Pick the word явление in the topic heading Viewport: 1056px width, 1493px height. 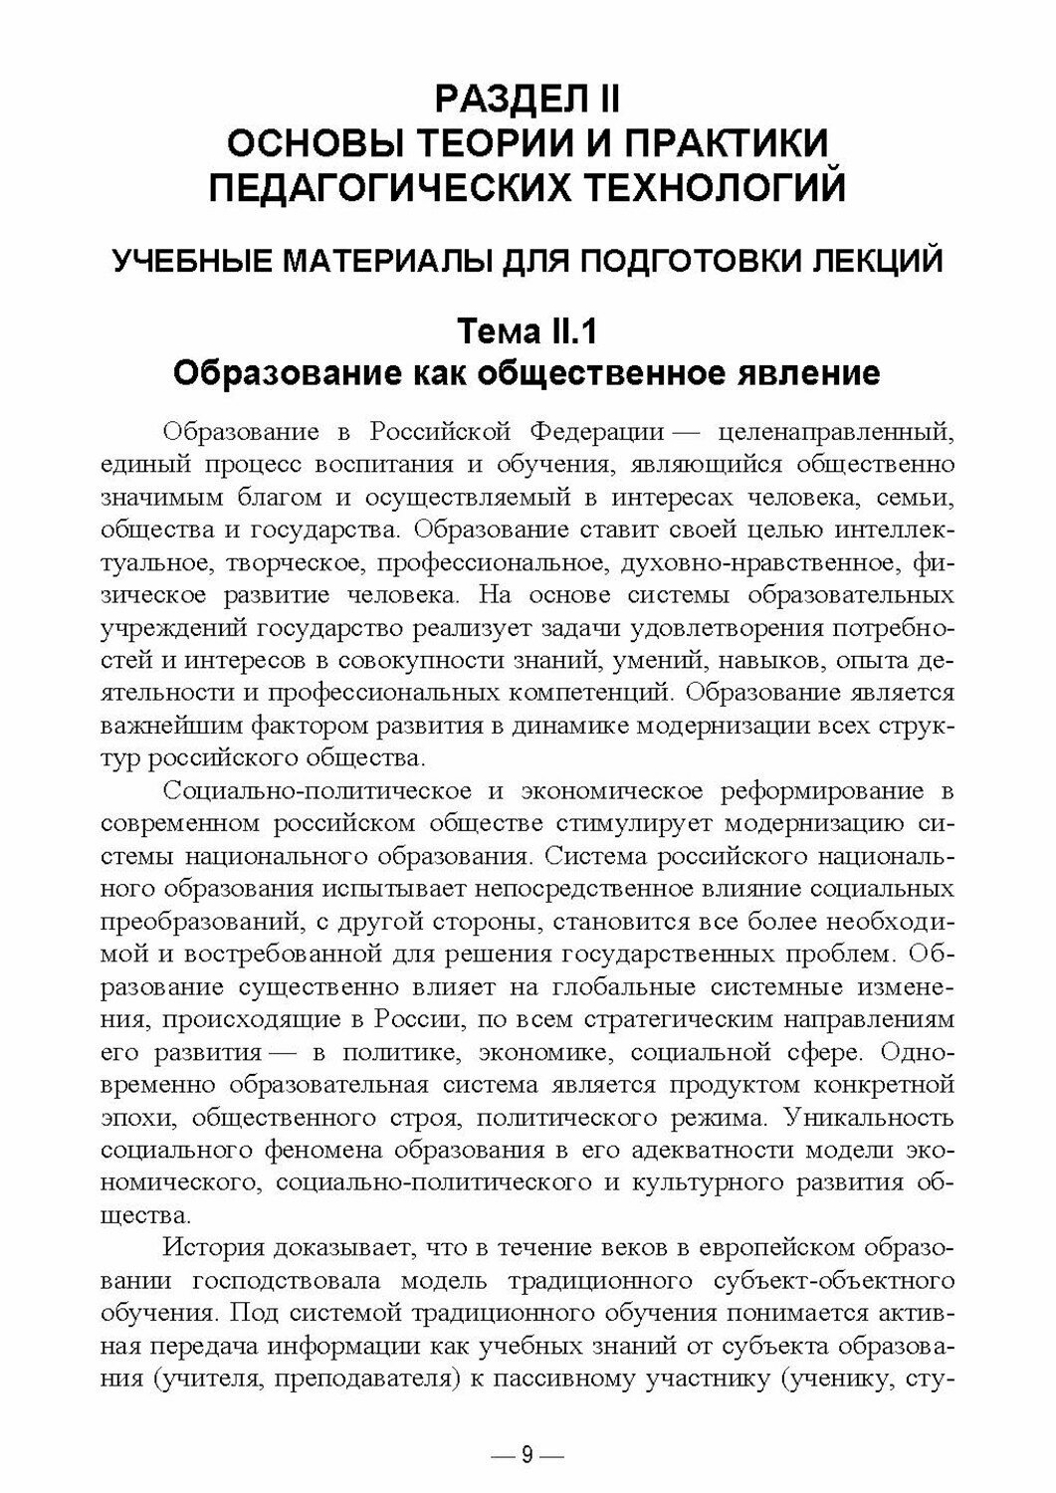tap(810, 373)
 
